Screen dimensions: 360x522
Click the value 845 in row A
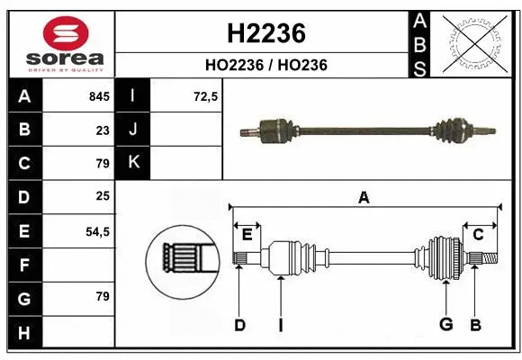98,96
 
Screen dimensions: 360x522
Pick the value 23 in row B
102,130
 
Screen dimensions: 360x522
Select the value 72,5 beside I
206,96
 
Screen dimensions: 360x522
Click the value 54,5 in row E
97,231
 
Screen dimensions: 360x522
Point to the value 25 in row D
102,197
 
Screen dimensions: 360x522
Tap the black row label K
133,163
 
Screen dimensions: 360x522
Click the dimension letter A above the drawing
364,198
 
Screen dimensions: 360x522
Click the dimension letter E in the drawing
247,235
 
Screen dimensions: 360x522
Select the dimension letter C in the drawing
479,235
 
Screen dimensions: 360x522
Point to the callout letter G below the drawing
445,325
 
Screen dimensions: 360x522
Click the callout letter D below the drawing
239,325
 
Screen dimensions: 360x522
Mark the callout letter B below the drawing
475,325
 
